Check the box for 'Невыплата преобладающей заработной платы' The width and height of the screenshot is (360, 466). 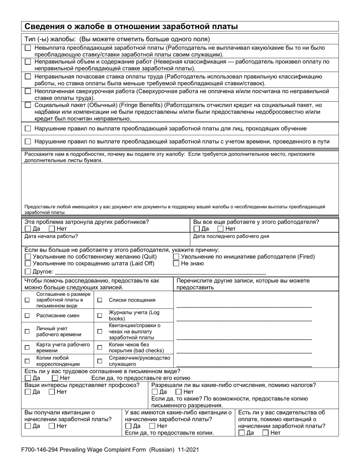pos(28,48)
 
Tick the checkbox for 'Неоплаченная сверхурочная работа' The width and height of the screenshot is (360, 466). pos(28,91)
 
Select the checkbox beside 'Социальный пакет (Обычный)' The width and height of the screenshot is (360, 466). pos(28,105)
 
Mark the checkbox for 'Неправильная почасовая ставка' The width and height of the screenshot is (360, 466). pos(28,77)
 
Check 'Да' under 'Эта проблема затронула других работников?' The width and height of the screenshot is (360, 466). pos(28,229)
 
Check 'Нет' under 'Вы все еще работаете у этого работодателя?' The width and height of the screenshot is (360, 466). pos(221,229)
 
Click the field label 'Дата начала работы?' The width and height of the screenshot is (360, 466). pos(51,236)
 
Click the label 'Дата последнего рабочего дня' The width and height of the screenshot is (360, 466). pos(231,236)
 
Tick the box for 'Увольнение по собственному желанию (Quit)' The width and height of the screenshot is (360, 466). pos(28,257)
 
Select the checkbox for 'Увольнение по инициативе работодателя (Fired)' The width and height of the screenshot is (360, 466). pos(176,257)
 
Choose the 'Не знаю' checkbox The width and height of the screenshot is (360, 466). pos(176,264)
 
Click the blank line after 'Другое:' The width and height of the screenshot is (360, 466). pos(159,271)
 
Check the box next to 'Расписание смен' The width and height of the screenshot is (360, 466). pos(27,315)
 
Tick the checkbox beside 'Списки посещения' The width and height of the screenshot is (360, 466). pos(100,300)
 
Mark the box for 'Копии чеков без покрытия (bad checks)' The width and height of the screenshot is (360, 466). pos(100,347)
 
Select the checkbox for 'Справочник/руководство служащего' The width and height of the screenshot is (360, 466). pos(100,361)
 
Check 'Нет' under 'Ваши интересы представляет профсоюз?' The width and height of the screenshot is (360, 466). pos(52,392)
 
